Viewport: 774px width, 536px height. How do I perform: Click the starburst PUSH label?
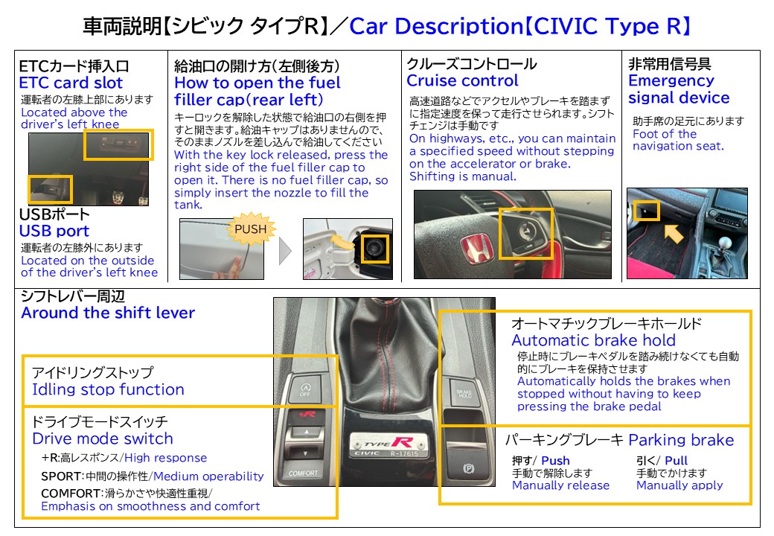(x=251, y=229)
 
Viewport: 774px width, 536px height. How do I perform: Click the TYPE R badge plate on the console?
(x=388, y=445)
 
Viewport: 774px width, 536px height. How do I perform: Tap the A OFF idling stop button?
(x=306, y=390)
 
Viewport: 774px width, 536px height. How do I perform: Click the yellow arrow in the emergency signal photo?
(x=674, y=233)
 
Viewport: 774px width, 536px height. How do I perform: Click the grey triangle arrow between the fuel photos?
(x=285, y=251)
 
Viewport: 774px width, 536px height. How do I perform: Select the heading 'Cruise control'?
(x=462, y=80)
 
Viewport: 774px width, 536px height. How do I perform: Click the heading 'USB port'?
(x=54, y=231)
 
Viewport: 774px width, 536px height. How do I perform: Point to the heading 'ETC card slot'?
(x=71, y=83)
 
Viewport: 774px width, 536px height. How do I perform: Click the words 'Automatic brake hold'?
(x=593, y=340)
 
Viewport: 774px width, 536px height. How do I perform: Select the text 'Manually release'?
(x=560, y=485)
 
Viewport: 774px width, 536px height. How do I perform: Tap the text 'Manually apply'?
(x=679, y=485)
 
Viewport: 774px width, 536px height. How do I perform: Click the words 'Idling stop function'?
(x=108, y=389)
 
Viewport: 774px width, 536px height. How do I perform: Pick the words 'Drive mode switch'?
(x=103, y=438)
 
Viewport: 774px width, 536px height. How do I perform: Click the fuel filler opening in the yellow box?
(x=374, y=248)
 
